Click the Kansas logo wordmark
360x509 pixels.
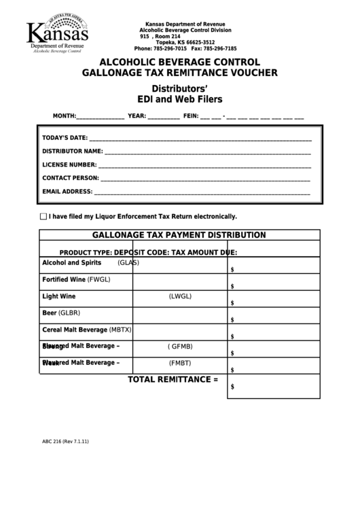[x=56, y=31]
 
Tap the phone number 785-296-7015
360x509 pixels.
[x=170, y=49]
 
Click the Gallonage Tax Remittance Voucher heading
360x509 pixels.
[x=179, y=72]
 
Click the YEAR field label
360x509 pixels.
[x=137, y=116]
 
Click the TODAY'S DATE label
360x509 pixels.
[x=65, y=138]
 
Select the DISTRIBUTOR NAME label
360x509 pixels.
[x=73, y=151]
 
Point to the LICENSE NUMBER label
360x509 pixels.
[x=69, y=164]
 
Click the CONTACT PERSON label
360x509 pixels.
[x=71, y=178]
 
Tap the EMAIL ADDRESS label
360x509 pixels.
[x=67, y=192]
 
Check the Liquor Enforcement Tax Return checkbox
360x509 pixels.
[x=43, y=217]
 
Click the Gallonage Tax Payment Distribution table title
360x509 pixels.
[x=179, y=235]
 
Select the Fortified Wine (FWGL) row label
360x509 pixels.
[x=76, y=279]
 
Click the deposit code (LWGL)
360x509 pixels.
[x=180, y=296]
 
